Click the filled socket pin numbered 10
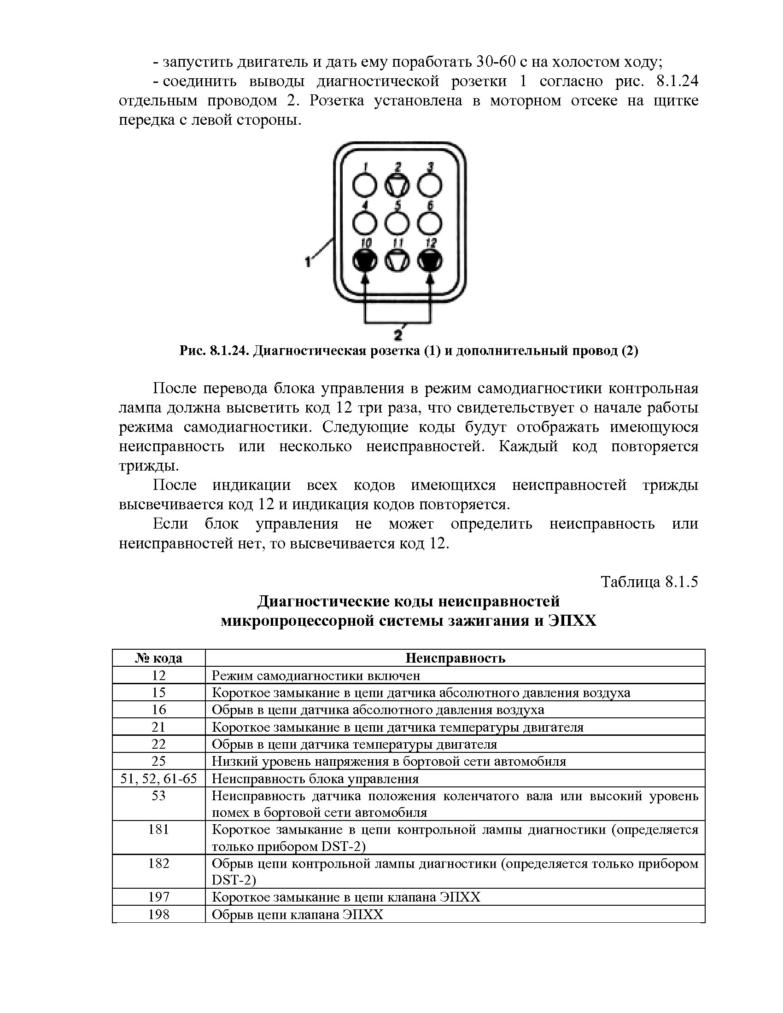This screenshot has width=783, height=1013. tap(365, 262)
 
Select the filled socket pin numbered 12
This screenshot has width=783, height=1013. tap(430, 262)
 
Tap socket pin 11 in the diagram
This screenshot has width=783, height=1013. tap(397, 262)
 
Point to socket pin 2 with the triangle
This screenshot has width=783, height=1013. tap(397, 186)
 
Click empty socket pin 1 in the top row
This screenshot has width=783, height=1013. tap(365, 186)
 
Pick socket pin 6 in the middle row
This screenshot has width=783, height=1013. tap(430, 224)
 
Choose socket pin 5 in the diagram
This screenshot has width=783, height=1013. tap(397, 224)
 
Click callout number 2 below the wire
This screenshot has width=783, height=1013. tap(397, 333)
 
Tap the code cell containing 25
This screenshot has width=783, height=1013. tap(158, 761)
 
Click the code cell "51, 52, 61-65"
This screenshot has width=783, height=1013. tap(158, 778)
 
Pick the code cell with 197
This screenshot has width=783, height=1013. tap(158, 897)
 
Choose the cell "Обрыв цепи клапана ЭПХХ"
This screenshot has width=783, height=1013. tap(298, 914)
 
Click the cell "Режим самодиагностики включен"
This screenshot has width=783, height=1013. tap(316, 675)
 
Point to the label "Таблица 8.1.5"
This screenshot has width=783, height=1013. tap(649, 582)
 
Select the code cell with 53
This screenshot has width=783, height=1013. tap(158, 796)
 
